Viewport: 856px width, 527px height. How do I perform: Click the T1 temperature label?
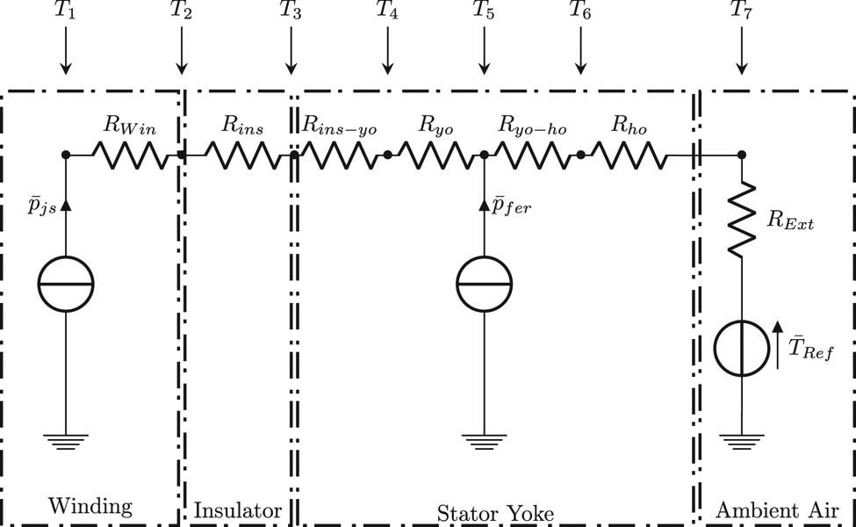click(65, 11)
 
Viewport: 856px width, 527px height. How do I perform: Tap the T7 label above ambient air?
click(741, 11)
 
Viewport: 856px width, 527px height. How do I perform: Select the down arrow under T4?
click(387, 50)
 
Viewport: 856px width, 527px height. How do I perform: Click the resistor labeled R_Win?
click(130, 155)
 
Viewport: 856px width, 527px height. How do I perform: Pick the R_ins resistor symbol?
click(242, 155)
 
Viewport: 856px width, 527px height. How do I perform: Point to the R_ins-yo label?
click(340, 126)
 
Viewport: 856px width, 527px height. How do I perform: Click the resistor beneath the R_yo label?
click(435, 155)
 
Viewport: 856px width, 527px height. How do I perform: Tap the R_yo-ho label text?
click(532, 126)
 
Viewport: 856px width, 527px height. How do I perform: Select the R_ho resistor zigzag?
click(629, 155)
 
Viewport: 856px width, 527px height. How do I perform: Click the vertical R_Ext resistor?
click(741, 219)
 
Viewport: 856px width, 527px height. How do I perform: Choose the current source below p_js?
click(66, 284)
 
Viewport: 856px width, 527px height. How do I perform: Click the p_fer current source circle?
click(485, 284)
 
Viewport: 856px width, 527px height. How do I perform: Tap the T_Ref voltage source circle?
click(741, 349)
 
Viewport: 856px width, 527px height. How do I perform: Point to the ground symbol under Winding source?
click(66, 441)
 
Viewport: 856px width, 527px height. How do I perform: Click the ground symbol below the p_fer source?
click(485, 441)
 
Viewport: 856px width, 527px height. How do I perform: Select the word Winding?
click(90, 507)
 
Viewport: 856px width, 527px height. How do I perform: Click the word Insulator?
click(238, 510)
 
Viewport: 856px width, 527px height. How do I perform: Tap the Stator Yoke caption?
click(495, 514)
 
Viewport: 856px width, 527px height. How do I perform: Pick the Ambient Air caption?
click(777, 510)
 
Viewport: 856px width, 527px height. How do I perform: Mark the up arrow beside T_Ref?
click(778, 344)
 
